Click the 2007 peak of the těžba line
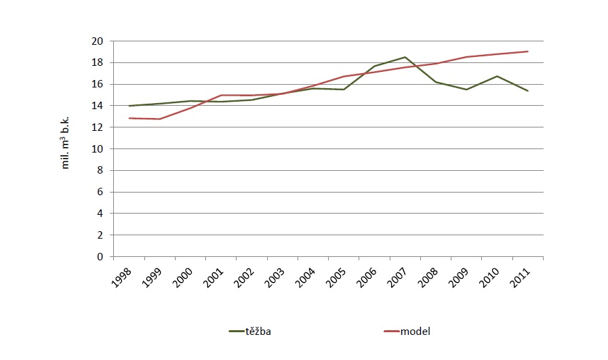click(405, 57)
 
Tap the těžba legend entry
click(250, 332)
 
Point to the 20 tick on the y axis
click(97, 41)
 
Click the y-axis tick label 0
click(100, 257)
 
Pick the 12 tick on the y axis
click(97, 127)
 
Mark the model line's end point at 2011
click(528, 52)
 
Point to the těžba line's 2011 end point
click(528, 91)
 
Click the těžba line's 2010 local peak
click(497, 76)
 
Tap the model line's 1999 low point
click(159, 119)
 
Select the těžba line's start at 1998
click(128, 106)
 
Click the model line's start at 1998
click(128, 118)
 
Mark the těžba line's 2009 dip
click(466, 89)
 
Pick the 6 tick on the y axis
click(100, 192)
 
